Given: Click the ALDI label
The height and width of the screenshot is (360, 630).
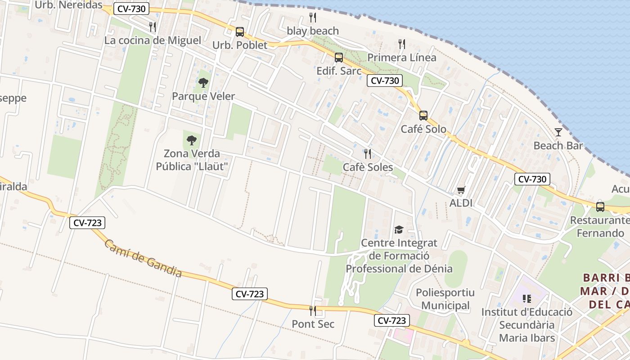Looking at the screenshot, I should [x=461, y=203].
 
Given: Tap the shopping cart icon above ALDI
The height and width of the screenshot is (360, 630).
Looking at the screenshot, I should [x=461, y=190].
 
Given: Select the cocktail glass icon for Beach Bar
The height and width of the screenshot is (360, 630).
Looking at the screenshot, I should [x=558, y=132].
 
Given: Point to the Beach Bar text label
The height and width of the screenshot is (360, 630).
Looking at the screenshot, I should [x=558, y=145].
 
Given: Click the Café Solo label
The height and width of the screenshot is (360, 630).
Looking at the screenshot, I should [x=423, y=129].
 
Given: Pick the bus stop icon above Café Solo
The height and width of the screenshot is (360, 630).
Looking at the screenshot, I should [x=423, y=115].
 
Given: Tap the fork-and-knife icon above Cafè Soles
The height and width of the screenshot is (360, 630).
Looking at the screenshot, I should [x=368, y=154].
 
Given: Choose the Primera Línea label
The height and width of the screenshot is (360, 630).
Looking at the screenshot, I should [x=402, y=58].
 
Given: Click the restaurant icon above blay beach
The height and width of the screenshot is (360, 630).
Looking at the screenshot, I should [x=313, y=18].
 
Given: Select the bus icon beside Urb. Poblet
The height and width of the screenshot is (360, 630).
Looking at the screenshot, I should [x=240, y=32].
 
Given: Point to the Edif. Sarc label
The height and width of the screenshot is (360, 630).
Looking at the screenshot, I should [x=339, y=71].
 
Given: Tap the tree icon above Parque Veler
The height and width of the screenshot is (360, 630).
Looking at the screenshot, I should [x=203, y=82].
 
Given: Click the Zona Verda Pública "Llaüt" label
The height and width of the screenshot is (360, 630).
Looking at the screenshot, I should [x=192, y=160].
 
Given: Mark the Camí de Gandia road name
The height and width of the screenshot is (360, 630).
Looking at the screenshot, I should [x=143, y=258].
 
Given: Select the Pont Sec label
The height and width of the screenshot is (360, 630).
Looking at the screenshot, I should [x=313, y=324].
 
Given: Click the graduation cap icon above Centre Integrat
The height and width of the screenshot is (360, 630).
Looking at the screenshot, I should [x=399, y=230].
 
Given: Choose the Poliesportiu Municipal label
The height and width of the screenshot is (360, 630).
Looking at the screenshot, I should [x=445, y=299].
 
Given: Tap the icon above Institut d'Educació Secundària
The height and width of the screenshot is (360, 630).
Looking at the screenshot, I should [x=527, y=298].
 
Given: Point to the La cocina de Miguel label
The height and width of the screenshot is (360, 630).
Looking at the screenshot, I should [x=153, y=40].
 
